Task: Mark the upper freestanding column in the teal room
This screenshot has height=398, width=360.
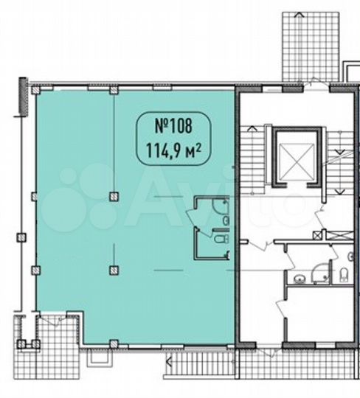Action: coord(113,196)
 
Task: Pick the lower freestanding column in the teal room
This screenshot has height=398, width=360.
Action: coord(113,269)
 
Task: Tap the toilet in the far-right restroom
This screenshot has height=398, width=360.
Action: coord(346,276)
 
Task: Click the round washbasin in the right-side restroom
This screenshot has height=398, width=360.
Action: coord(300,278)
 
